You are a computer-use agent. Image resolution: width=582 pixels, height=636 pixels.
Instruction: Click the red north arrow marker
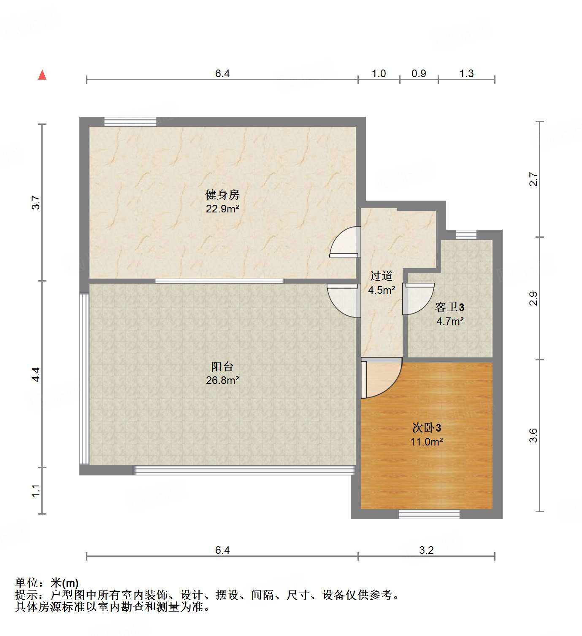click(42, 75)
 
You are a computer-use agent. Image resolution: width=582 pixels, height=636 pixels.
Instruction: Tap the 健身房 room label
click(222, 195)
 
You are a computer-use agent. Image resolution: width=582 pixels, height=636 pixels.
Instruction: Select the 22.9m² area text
click(222, 209)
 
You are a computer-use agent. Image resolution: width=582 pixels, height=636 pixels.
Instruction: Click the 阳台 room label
click(222, 366)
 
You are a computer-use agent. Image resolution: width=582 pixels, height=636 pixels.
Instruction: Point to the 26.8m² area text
click(222, 380)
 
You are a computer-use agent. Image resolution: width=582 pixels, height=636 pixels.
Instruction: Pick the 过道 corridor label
click(382, 276)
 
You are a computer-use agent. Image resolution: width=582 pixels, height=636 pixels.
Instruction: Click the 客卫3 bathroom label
click(450, 307)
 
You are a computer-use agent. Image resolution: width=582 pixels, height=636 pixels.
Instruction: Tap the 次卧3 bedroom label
click(427, 428)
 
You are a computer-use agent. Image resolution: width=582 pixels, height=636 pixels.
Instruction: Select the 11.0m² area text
click(427, 442)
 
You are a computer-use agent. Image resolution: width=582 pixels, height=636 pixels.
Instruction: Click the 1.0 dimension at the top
click(379, 74)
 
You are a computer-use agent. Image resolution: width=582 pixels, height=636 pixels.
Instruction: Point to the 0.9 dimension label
click(419, 74)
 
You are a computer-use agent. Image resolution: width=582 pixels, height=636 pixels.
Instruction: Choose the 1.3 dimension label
click(466, 74)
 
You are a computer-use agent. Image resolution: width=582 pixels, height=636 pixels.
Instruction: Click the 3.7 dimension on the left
click(37, 202)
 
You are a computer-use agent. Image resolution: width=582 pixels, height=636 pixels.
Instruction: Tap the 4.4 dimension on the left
click(37, 374)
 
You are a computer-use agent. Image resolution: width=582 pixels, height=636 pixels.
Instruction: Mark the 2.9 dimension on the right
click(534, 298)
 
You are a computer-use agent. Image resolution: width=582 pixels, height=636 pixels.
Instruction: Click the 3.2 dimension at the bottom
click(426, 550)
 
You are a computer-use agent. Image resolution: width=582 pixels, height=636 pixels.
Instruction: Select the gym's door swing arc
click(344, 242)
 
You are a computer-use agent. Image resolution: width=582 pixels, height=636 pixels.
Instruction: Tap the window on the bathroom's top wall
click(466, 234)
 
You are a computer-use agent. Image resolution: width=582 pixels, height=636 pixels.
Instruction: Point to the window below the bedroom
click(429, 514)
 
